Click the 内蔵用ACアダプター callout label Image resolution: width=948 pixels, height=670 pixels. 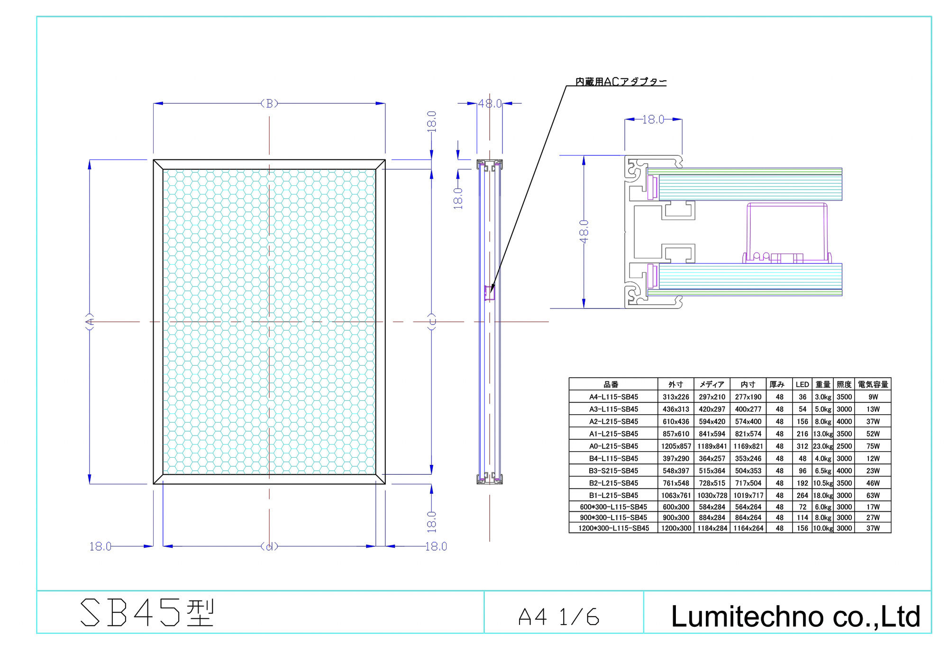pyautogui.click(x=620, y=81)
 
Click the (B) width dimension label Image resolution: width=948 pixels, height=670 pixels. pyautogui.click(x=269, y=103)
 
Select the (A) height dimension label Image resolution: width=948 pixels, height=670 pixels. pyautogui.click(x=90, y=322)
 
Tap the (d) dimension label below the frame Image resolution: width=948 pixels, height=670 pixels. pyautogui.click(x=269, y=546)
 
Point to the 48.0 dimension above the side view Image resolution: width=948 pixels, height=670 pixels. pyautogui.click(x=490, y=103)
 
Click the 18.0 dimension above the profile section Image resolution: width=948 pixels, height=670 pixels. pyautogui.click(x=653, y=119)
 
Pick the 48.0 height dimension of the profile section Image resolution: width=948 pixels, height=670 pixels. pyautogui.click(x=583, y=232)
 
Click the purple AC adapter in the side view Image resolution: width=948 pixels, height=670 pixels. pyautogui.click(x=490, y=293)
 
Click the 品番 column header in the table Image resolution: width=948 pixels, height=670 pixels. pyautogui.click(x=611, y=384)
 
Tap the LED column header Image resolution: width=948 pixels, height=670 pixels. pyautogui.click(x=802, y=384)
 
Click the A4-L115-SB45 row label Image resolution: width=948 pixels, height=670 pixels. pyautogui.click(x=613, y=397)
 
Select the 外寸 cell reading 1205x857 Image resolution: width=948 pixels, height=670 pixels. pyautogui.click(x=676, y=446)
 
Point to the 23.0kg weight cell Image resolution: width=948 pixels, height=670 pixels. pyautogui.click(x=823, y=446)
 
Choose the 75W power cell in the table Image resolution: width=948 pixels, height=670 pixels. pyautogui.click(x=873, y=446)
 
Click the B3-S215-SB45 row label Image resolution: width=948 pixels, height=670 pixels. pyautogui.click(x=613, y=471)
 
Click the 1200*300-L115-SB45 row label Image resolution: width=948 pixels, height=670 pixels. pyautogui.click(x=613, y=528)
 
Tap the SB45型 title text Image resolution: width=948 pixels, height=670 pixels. pyautogui.click(x=147, y=613)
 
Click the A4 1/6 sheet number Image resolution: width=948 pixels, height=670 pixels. pyautogui.click(x=559, y=617)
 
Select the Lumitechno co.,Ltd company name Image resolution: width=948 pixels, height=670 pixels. pyautogui.click(x=795, y=616)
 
